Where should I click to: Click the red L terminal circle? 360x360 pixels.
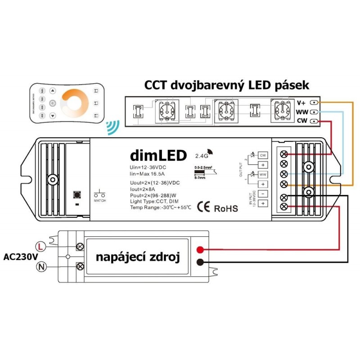click(x=40, y=246)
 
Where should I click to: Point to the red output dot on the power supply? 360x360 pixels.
click(x=199, y=250)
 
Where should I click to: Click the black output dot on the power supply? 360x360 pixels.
click(x=199, y=262)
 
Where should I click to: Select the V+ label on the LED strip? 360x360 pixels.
click(x=301, y=103)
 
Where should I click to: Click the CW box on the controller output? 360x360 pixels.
click(x=262, y=155)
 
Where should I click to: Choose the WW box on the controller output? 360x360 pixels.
click(x=262, y=174)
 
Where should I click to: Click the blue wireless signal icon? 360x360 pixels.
click(x=110, y=127)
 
